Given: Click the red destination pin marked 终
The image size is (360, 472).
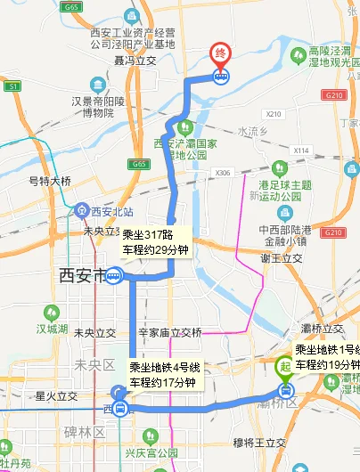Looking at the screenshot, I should [x=219, y=54].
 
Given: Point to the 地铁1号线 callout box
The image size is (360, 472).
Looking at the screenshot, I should [x=326, y=357].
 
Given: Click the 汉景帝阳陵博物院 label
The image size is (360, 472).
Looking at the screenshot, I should [x=105, y=107].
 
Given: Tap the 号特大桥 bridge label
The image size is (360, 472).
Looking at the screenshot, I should [x=51, y=180].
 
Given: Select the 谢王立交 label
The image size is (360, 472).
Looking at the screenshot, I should [x=282, y=258].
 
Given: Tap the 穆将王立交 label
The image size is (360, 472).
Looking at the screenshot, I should [x=258, y=443].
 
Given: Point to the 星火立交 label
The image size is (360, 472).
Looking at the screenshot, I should [x=57, y=395].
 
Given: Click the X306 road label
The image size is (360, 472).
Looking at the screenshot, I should [x=223, y=173].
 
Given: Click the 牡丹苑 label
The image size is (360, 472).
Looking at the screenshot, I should [x=16, y=463].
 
